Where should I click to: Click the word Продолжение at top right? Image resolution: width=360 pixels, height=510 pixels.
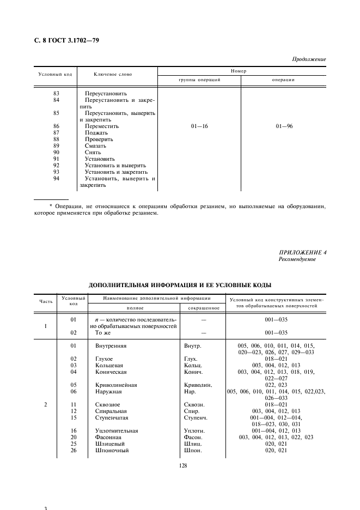point(309,59)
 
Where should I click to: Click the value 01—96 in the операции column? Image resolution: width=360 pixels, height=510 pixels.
point(284,126)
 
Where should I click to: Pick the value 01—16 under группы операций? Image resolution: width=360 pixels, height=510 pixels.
point(199,126)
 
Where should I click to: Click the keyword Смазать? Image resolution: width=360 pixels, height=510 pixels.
point(95,146)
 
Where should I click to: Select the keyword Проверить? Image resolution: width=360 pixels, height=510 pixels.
point(99,139)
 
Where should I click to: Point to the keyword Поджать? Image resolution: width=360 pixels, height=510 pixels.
point(96,133)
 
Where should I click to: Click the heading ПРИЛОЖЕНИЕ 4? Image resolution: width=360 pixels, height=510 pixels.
point(302,252)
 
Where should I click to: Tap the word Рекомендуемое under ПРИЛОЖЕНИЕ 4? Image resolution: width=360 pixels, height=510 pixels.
point(297,259)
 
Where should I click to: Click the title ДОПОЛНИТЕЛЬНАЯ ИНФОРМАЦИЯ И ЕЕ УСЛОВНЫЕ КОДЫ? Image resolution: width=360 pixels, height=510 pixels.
point(180,284)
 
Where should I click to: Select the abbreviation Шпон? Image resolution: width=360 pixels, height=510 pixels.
point(193,451)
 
